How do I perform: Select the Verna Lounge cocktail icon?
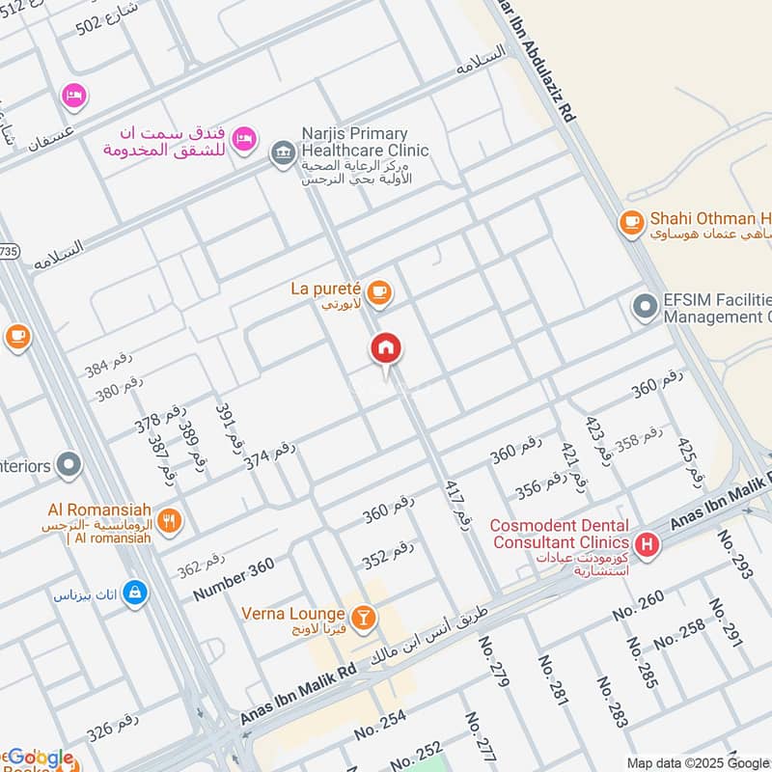363,616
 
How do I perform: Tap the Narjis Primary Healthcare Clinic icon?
283,153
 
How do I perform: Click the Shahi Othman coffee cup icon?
631,223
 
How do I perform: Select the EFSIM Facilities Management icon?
645,308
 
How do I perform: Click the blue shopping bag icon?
135,591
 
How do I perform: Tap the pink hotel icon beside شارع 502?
73,95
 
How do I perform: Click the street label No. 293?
734,554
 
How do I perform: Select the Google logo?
40,758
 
